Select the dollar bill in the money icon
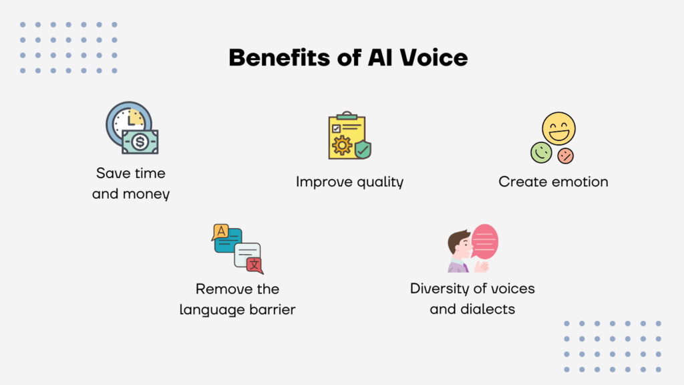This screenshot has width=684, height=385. click(140, 142)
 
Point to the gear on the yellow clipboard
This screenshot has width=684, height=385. click(342, 145)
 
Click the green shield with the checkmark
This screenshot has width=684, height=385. click(363, 149)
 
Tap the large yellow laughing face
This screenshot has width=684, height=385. click(558, 128)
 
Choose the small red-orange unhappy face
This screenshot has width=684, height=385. click(566, 156)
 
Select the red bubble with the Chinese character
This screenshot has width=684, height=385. click(254, 265)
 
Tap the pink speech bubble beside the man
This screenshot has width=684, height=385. click(485, 241)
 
